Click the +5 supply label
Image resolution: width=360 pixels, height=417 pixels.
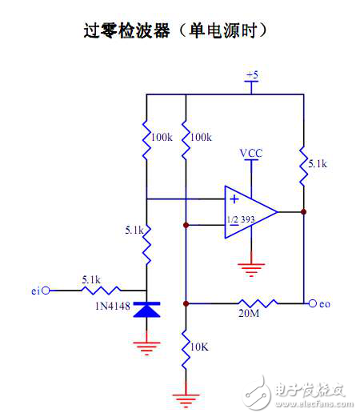coord(252,75)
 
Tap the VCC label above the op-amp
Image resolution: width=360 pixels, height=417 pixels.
coord(251,153)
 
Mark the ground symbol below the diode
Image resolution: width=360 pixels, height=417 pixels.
coord(146,345)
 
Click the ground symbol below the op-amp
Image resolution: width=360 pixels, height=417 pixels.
coord(251,270)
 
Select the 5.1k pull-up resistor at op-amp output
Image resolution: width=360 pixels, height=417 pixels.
coord(304,167)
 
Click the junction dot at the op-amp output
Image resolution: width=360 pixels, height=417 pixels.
coord(304,212)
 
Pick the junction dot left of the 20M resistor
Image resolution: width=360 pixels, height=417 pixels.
coord(186,304)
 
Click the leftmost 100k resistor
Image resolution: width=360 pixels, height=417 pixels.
coord(147,138)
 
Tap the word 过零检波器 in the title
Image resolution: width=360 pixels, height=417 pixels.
coord(132,30)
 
